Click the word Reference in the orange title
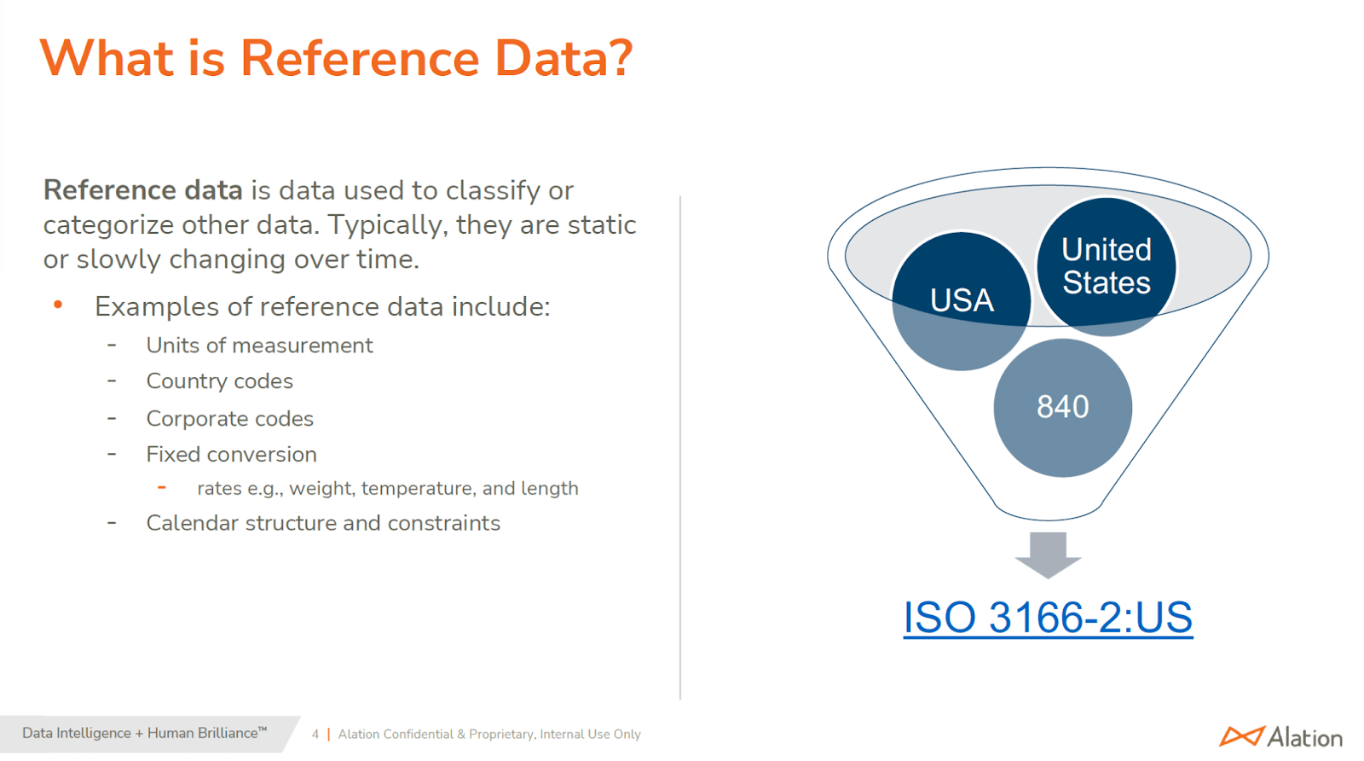coord(360,59)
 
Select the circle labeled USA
coord(962,301)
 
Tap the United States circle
coord(1107,266)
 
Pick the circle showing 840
coord(1062,408)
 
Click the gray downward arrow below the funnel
coord(1048,555)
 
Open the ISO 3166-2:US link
coord(1048,618)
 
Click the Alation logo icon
coord(1242,736)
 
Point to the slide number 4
coord(315,735)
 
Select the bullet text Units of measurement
coord(259,346)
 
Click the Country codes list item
coord(219,381)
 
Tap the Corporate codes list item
coord(229,419)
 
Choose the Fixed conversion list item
coord(231,455)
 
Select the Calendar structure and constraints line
coord(323,523)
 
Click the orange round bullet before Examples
coord(58,304)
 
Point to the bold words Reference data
coord(143,190)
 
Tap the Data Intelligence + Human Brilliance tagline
coord(144,733)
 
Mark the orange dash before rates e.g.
coord(162,487)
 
